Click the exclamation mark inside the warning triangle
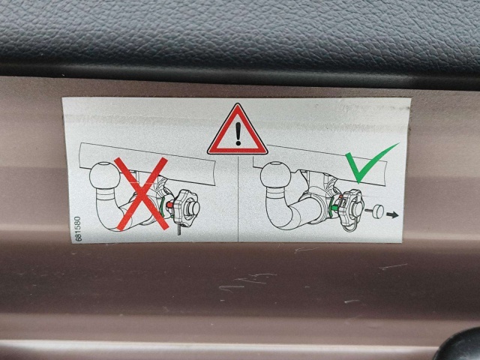click(x=238, y=135)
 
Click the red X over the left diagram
click(x=142, y=193)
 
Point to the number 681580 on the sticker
click(x=78, y=229)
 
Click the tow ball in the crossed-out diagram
click(x=105, y=175)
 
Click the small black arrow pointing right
click(x=392, y=215)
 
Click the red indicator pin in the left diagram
click(x=169, y=204)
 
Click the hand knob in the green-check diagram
click(x=352, y=207)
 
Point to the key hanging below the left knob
click(x=179, y=229)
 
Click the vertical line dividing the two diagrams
click(x=238, y=198)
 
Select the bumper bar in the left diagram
click(x=147, y=163)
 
